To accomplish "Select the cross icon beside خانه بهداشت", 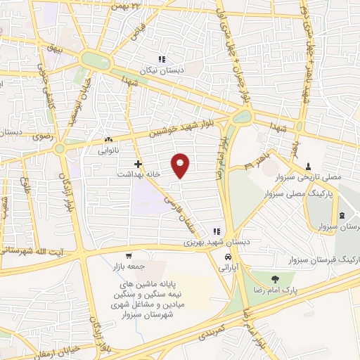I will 139,164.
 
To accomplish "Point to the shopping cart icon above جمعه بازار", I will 128,256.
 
